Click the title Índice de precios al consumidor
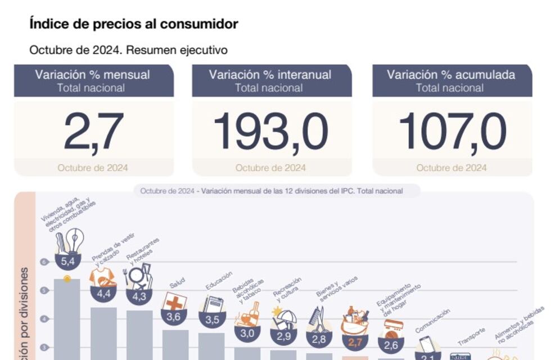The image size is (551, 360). point(134,24)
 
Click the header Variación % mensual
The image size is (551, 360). point(93,75)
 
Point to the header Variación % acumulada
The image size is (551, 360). point(451,75)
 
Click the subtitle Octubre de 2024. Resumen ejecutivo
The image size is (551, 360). point(128,50)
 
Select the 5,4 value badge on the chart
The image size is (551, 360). point(67,262)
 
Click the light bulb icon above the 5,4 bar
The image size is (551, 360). point(74,241)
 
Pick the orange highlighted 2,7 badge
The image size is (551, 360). point(355,341)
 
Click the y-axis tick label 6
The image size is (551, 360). point(44,262)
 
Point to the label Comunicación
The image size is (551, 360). point(433,321)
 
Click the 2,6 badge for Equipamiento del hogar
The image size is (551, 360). point(391,345)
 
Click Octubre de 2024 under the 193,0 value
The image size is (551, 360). point(270,168)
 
